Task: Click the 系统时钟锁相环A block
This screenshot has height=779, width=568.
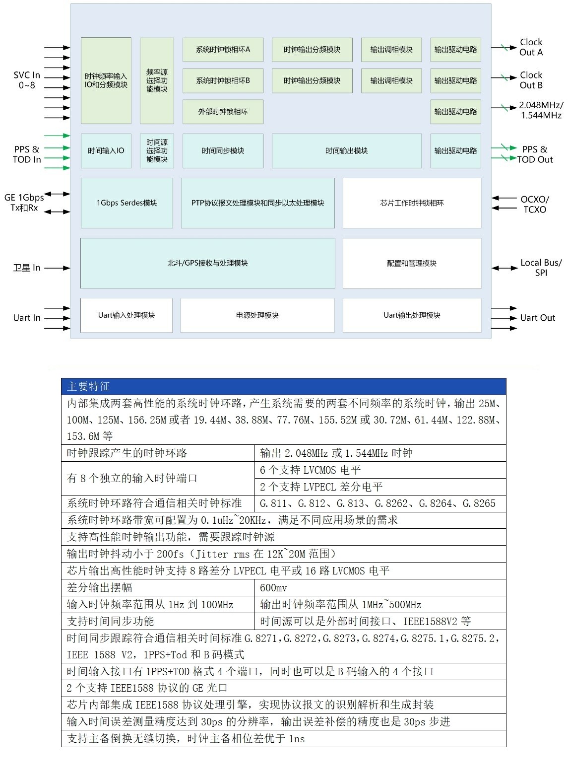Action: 223,50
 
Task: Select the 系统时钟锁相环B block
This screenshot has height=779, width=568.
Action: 223,80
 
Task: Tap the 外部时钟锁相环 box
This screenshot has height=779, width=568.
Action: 223,112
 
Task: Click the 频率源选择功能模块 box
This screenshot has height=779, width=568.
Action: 157,80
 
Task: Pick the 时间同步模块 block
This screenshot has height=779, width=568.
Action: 223,150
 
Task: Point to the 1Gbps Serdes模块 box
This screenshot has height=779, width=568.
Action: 127,203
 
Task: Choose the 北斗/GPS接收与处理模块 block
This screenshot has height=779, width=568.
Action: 207,263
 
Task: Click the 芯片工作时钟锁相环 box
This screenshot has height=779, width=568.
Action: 412,203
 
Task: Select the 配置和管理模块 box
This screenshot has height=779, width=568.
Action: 412,263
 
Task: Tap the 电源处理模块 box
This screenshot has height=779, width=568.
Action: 257,315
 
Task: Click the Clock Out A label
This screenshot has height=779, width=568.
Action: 531,47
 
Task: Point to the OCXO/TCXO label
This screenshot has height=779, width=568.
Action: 534,204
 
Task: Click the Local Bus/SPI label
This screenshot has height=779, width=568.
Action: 541,268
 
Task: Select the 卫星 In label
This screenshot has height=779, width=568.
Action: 27,268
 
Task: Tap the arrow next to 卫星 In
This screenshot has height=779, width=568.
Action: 57,268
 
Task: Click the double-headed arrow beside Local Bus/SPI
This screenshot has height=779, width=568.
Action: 505,268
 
